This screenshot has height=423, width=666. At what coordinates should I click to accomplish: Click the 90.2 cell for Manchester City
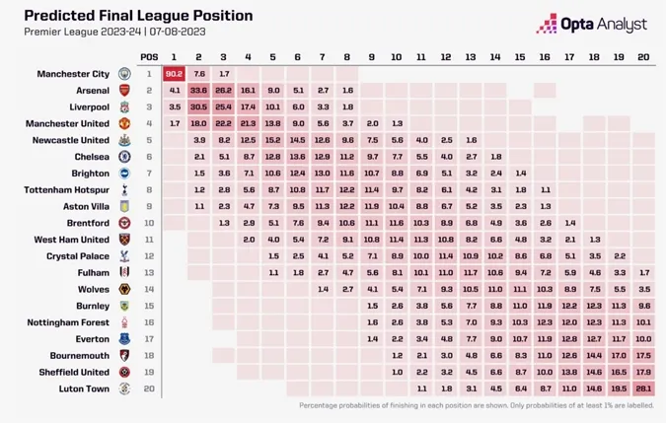(x=175, y=74)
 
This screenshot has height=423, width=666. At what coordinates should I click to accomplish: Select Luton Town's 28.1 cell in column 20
(x=643, y=388)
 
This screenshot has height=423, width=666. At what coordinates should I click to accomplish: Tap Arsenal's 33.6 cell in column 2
(x=199, y=90)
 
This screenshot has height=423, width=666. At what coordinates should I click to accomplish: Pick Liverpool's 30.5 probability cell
(x=199, y=106)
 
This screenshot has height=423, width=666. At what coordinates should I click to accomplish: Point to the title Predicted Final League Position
(x=138, y=16)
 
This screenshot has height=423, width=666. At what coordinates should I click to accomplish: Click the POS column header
(x=149, y=56)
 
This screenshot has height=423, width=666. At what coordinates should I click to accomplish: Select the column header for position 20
(x=643, y=56)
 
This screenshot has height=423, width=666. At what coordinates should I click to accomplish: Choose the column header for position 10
(x=397, y=56)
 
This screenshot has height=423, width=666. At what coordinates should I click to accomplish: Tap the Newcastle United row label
(x=73, y=140)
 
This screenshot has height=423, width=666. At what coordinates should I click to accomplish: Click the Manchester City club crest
(x=124, y=74)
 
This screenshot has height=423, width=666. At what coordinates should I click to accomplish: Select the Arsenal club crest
(x=124, y=90)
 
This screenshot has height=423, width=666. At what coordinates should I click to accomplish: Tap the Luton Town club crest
(x=124, y=388)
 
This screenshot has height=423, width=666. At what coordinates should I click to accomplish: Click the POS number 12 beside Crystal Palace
(x=149, y=256)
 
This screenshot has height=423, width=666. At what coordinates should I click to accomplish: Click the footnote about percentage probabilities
(x=474, y=405)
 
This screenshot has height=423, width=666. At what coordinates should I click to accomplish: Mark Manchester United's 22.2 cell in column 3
(x=224, y=123)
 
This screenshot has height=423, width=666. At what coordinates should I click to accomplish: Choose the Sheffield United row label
(x=73, y=372)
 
